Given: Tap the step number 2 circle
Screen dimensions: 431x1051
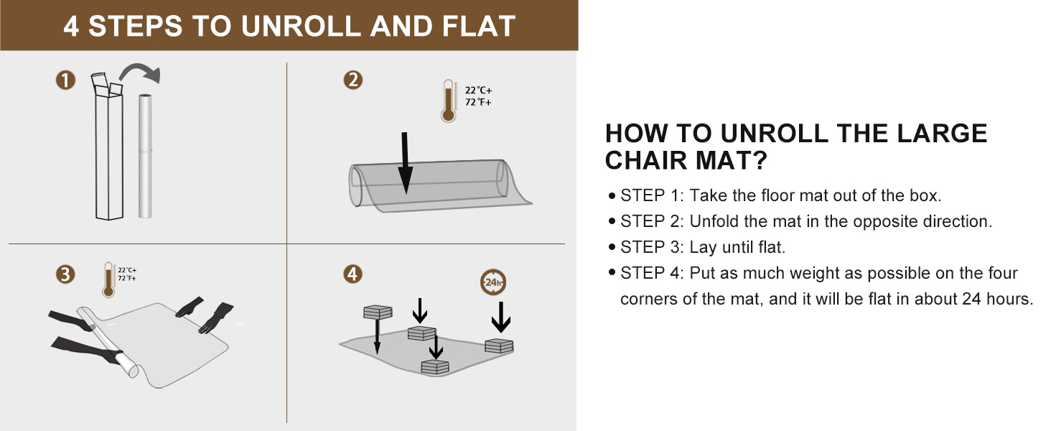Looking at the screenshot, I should [x=352, y=80].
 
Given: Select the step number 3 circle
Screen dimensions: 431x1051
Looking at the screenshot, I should [x=65, y=274].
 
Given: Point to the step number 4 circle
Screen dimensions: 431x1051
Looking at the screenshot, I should [x=352, y=274].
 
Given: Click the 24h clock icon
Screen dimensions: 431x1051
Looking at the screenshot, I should [x=493, y=282].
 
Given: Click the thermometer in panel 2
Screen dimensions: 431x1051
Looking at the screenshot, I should [x=449, y=101].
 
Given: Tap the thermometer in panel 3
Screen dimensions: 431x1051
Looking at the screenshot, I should [x=108, y=279].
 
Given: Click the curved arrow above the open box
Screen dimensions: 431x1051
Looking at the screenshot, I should [x=141, y=73].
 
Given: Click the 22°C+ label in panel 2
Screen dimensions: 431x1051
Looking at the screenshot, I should [x=479, y=91].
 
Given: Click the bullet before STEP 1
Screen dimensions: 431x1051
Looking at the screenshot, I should [x=611, y=195].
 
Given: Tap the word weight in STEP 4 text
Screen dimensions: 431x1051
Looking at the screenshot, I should [x=775, y=273].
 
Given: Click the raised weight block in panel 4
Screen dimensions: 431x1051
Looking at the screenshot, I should [x=378, y=312].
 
